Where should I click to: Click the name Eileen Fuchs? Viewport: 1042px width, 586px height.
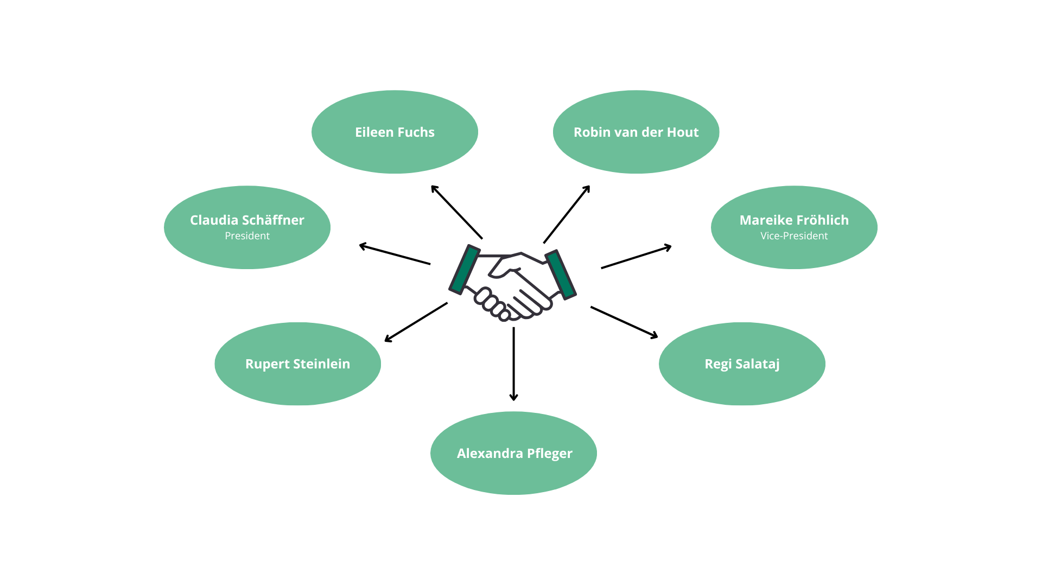(x=395, y=132)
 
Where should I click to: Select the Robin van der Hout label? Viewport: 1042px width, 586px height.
(x=636, y=132)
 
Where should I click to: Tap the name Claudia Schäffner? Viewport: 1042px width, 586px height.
(x=247, y=220)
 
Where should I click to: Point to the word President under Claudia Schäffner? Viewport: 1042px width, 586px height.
(x=247, y=236)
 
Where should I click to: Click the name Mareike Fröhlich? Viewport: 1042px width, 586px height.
(x=794, y=220)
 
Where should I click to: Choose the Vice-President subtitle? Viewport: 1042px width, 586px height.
(x=794, y=236)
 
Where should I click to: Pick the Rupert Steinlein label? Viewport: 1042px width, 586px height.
(x=297, y=364)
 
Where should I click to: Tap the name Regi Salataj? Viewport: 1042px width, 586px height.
(x=742, y=364)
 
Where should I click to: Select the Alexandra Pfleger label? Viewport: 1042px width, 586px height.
(x=514, y=453)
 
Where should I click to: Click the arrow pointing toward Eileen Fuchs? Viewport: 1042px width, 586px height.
(x=456, y=212)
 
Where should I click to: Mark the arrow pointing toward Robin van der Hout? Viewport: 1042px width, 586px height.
(x=567, y=214)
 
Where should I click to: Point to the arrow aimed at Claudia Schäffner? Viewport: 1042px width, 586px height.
(x=395, y=254)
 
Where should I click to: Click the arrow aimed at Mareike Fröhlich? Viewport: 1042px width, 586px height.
(x=636, y=257)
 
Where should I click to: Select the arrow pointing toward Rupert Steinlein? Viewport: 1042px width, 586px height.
(x=416, y=322)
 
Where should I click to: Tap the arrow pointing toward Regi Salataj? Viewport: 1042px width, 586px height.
(x=624, y=322)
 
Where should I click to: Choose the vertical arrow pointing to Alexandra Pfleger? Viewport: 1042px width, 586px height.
(x=513, y=364)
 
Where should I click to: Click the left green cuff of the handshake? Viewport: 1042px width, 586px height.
(x=464, y=270)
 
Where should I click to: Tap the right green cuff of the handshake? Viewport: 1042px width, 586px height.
(x=561, y=275)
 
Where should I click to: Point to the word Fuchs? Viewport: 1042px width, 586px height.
(x=416, y=132)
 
